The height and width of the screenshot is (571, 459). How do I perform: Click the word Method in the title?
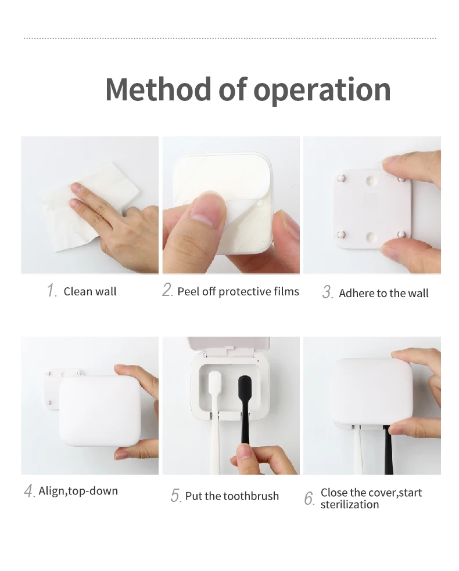click(158, 89)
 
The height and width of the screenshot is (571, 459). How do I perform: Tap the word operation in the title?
click(322, 91)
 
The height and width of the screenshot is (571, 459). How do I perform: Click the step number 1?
click(52, 291)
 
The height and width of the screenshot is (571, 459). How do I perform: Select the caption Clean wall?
click(90, 291)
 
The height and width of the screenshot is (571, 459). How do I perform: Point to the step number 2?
click(167, 290)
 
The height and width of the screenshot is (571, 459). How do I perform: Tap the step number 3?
click(327, 292)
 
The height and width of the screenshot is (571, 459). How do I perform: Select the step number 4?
click(30, 491)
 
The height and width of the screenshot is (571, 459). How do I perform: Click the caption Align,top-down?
click(78, 491)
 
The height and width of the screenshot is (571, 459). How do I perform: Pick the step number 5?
click(175, 496)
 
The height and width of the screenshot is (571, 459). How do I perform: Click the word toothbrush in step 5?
click(251, 496)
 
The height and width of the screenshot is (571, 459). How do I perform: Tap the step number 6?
click(309, 498)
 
